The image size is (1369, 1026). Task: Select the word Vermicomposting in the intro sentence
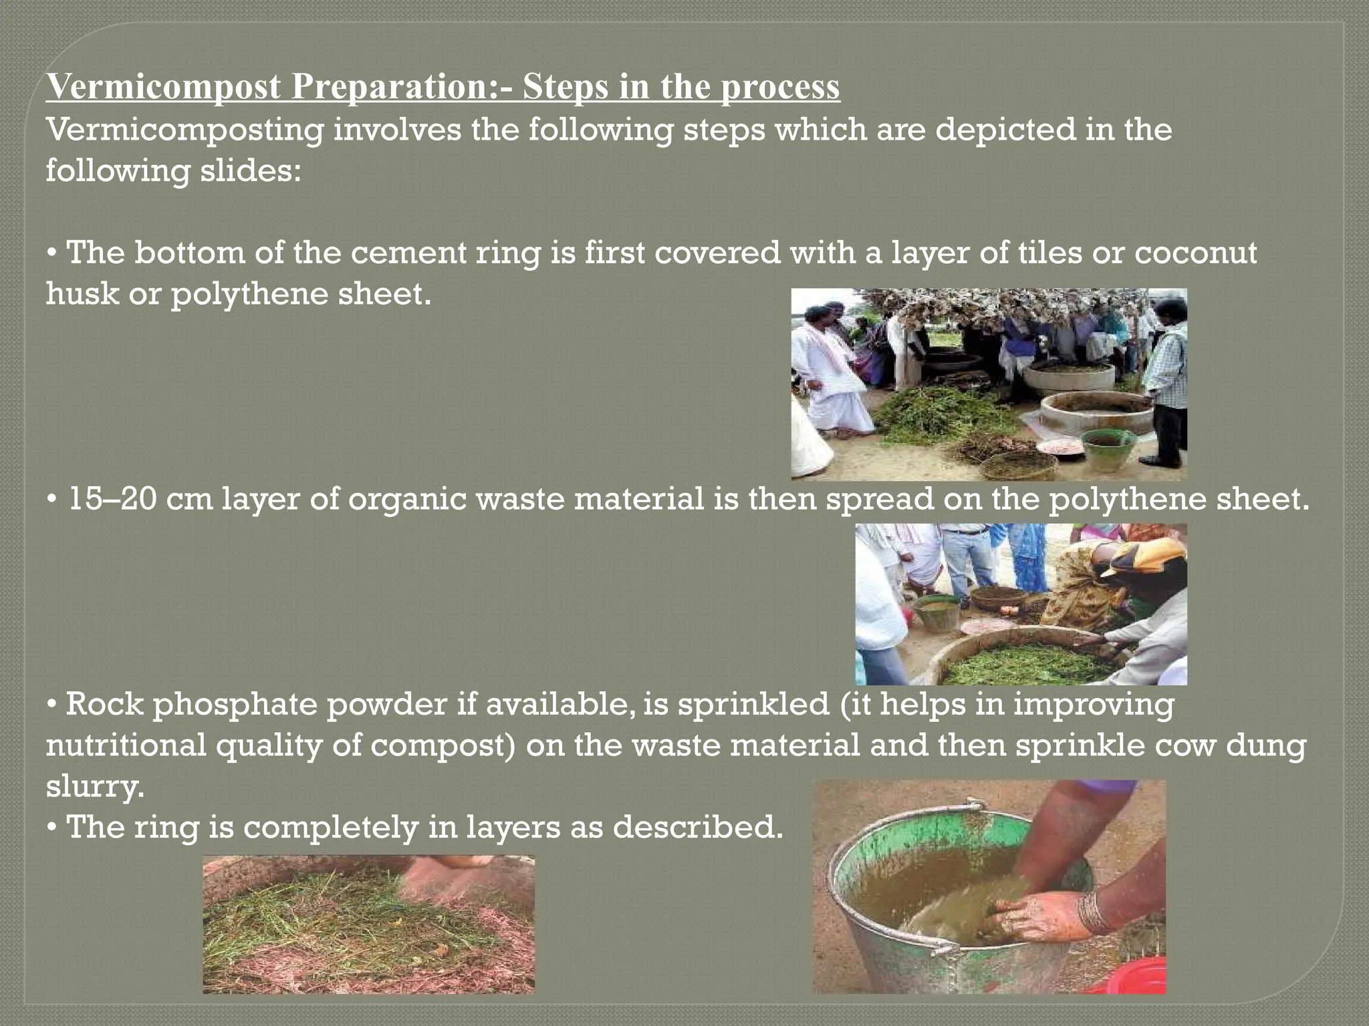pos(184,129)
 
